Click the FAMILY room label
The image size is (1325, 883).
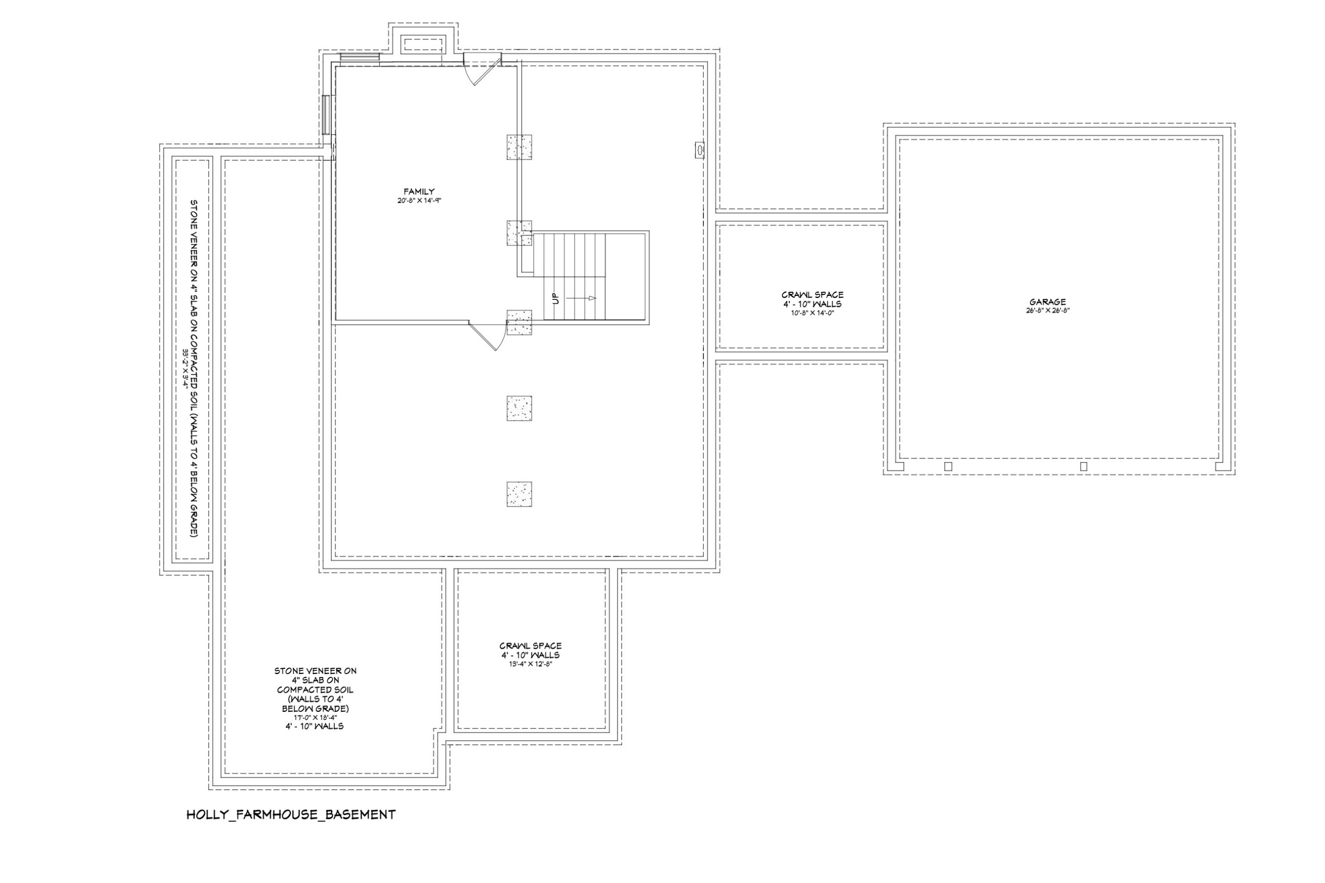(x=419, y=191)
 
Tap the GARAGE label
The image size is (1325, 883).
(x=1047, y=302)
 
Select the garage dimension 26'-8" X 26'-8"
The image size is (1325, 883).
(x=1047, y=310)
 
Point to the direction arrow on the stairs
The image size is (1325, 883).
(x=581, y=298)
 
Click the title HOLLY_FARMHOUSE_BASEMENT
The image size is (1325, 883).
(x=291, y=815)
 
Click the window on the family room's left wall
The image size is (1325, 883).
(x=326, y=115)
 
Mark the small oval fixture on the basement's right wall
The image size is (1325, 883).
(x=699, y=150)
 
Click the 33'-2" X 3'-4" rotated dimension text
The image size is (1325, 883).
(x=184, y=368)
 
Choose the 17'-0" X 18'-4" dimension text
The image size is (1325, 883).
(x=315, y=717)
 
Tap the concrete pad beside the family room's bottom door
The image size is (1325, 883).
(x=519, y=323)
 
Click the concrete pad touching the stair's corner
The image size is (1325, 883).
(x=519, y=233)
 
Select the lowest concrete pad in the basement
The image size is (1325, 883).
(x=519, y=494)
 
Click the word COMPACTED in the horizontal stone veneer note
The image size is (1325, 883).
(x=315, y=690)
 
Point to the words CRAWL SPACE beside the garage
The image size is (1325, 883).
(x=813, y=294)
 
